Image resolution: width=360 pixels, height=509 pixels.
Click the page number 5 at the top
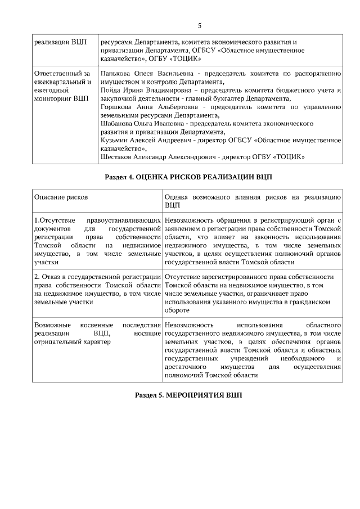pos(200,25)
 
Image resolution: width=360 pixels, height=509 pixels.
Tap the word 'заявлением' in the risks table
pos(183,229)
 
